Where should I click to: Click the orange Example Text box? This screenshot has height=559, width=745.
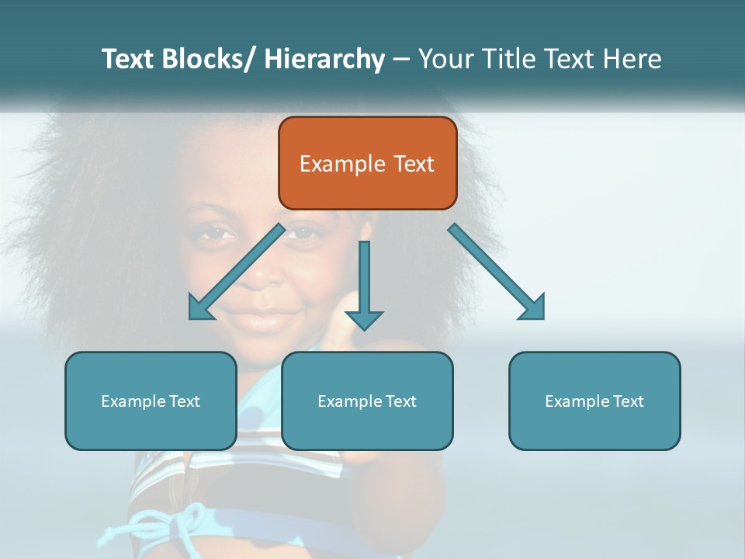367,163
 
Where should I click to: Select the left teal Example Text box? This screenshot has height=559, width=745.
151,401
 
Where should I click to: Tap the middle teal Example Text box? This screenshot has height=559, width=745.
367,401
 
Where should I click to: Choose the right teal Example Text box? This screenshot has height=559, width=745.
594,401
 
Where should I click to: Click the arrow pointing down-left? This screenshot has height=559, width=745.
237,271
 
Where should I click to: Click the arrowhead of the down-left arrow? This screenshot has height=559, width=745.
200,307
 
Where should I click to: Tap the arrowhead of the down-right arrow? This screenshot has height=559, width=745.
534,307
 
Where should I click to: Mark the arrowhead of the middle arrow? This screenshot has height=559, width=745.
364,319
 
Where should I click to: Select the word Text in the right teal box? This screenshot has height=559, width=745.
628,401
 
